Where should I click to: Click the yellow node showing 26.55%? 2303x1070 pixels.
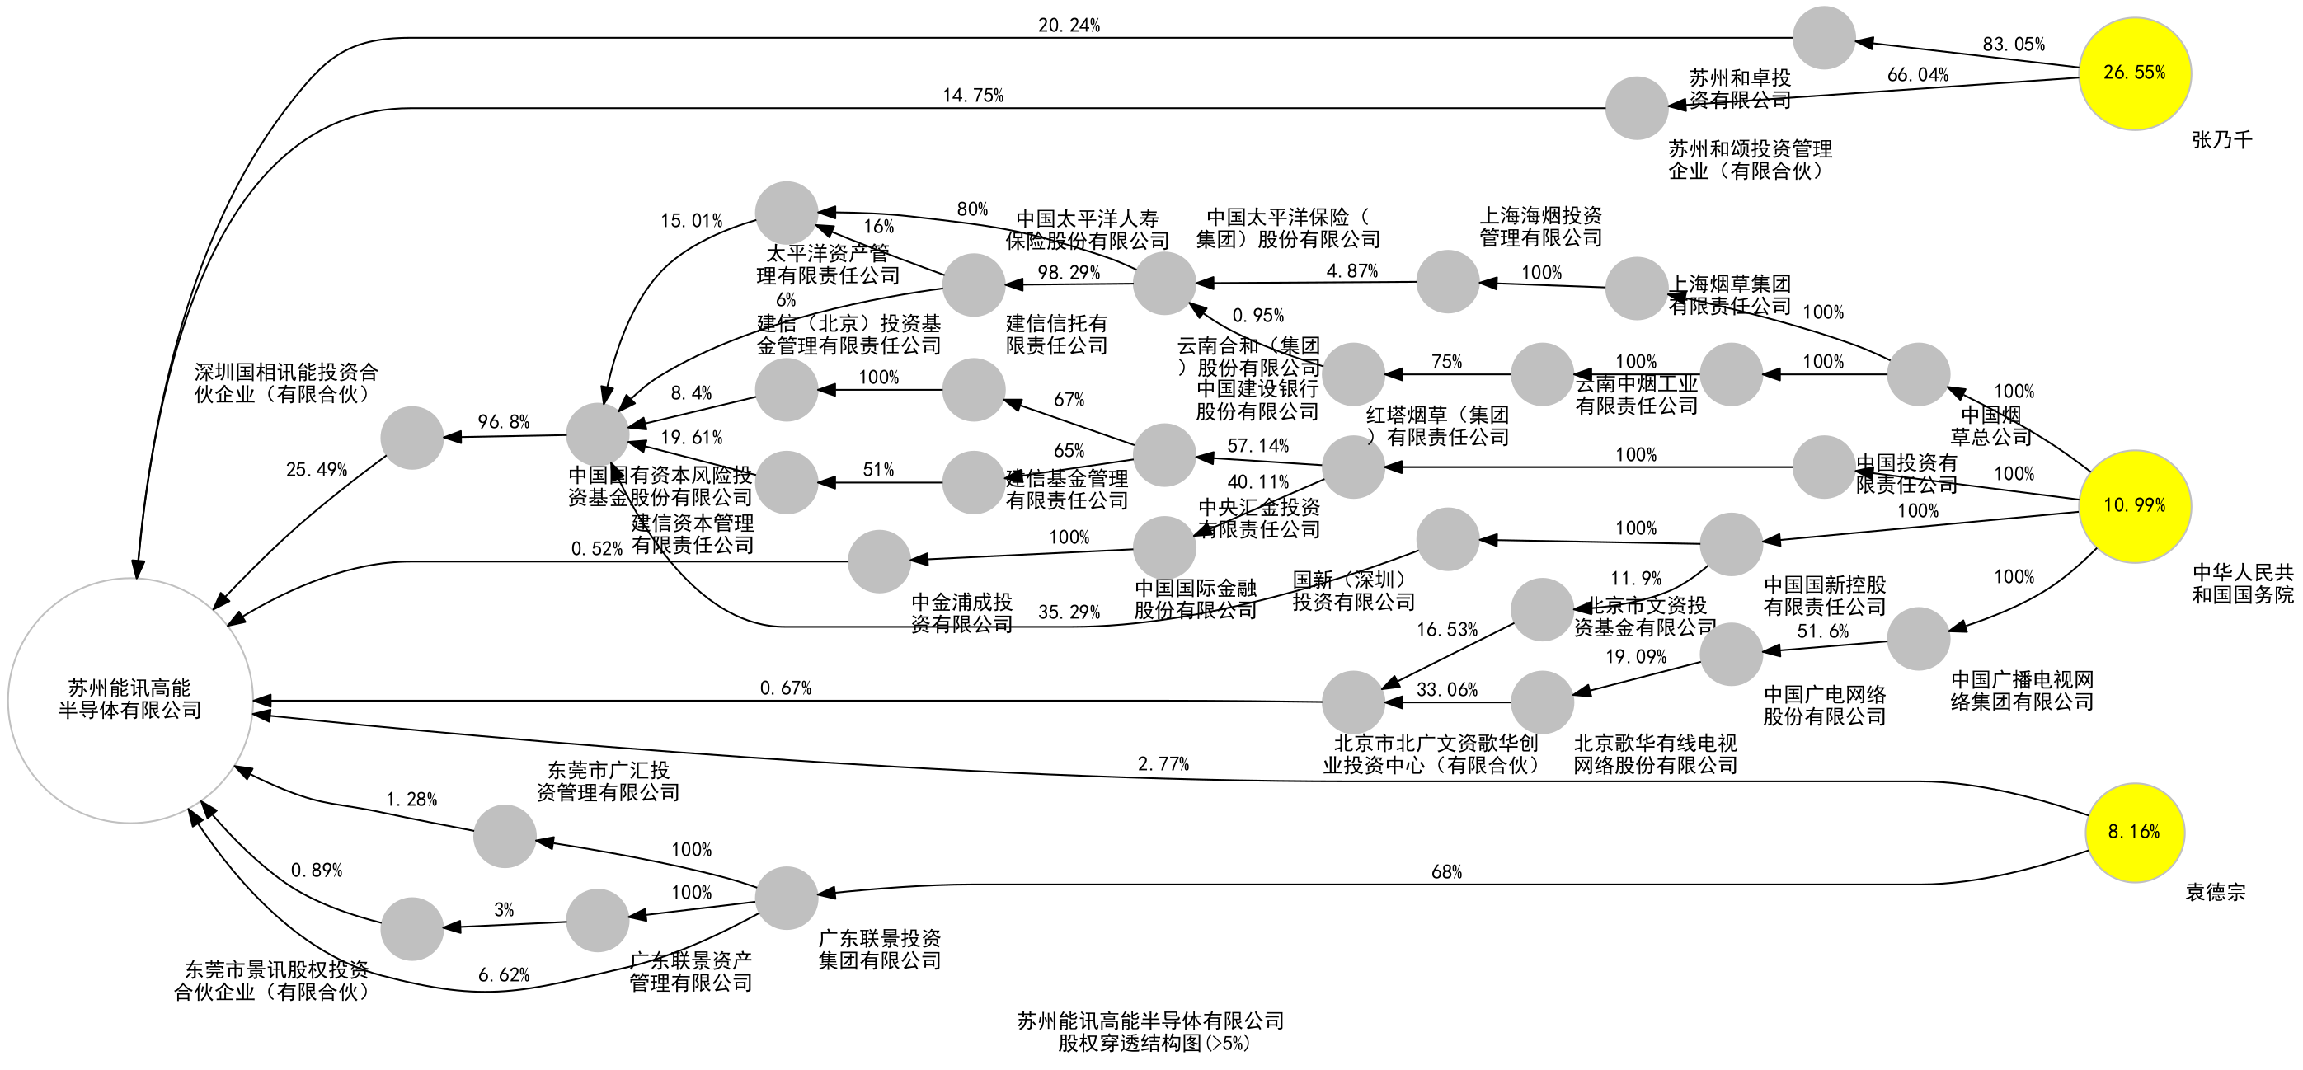click(x=2134, y=73)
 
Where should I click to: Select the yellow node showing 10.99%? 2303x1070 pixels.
click(x=2134, y=506)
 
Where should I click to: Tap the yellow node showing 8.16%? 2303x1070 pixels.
click(x=2134, y=833)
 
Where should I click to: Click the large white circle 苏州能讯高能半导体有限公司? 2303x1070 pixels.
click(x=129, y=700)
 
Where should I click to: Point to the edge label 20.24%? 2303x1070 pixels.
click(x=1069, y=26)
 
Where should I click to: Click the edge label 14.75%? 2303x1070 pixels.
click(x=973, y=96)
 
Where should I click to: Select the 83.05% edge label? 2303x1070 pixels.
click(x=2014, y=45)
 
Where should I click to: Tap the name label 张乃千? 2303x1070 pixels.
click(x=2221, y=140)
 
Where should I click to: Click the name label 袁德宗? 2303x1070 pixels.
click(x=2216, y=892)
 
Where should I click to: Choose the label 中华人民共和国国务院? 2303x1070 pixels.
click(x=2242, y=584)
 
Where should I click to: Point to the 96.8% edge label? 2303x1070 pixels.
click(x=503, y=422)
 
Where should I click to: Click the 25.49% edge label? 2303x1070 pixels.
click(x=317, y=470)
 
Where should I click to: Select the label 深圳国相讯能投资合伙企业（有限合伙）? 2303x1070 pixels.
click(x=286, y=383)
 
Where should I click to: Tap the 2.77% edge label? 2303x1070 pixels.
click(x=1163, y=764)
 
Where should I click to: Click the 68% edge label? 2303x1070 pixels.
click(x=1445, y=872)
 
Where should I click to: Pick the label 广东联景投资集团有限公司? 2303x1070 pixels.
click(x=880, y=950)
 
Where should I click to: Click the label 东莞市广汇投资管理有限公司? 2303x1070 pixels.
click(x=608, y=781)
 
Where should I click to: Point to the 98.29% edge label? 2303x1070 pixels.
click(x=1069, y=273)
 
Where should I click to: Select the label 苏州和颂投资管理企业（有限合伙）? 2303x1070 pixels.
click(x=1750, y=160)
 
